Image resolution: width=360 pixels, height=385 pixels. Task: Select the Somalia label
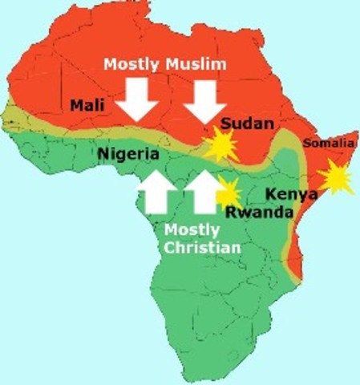tap(329, 144)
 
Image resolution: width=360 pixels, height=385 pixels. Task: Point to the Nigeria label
tap(128, 153)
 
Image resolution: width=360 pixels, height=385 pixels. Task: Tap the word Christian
tap(202, 248)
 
